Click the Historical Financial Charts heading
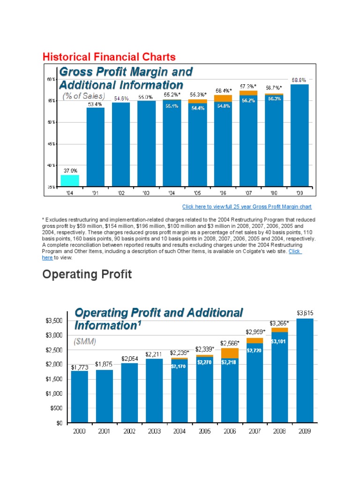pos(109,57)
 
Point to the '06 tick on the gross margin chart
pos(223,192)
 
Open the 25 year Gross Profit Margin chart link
pos(247,207)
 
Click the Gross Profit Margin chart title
pos(126,78)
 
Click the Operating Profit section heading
pos(87,274)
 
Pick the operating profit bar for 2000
pos(80,397)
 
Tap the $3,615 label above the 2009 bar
pos(305,312)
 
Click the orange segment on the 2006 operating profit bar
pos(230,353)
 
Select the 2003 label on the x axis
pos(154,432)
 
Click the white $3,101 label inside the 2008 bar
pos(279,341)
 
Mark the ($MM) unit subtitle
pos(86,342)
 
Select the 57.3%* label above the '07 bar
pos(248,86)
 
